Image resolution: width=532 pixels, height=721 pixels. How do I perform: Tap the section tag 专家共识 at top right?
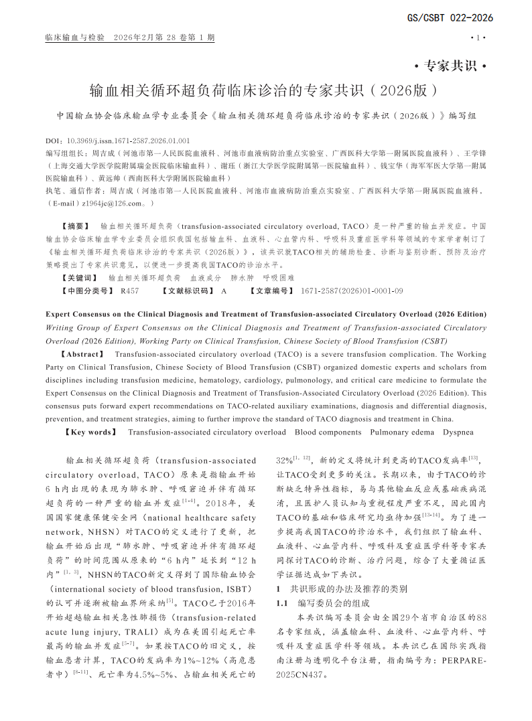(x=450, y=66)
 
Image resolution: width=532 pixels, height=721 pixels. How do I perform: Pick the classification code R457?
(x=130, y=291)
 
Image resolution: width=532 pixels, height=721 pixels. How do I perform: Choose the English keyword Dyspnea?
(x=458, y=432)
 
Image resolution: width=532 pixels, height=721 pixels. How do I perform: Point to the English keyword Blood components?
(x=328, y=432)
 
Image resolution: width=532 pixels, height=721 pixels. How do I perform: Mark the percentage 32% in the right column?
(x=285, y=461)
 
